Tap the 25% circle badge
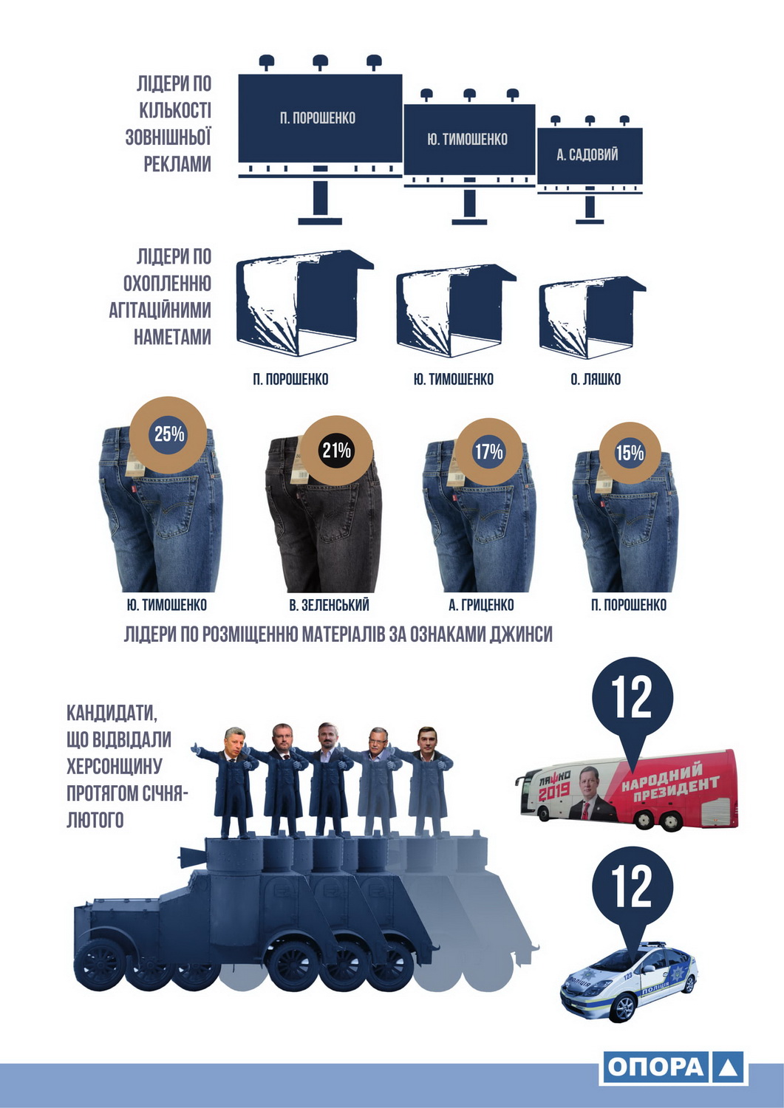click(168, 434)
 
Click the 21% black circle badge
click(336, 450)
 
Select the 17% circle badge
click(488, 451)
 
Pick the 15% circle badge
click(630, 453)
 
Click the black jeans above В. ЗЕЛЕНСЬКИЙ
click(324, 514)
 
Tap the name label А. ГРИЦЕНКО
click(480, 605)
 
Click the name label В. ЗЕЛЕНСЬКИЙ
click(329, 605)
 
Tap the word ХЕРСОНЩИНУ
click(114, 766)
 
